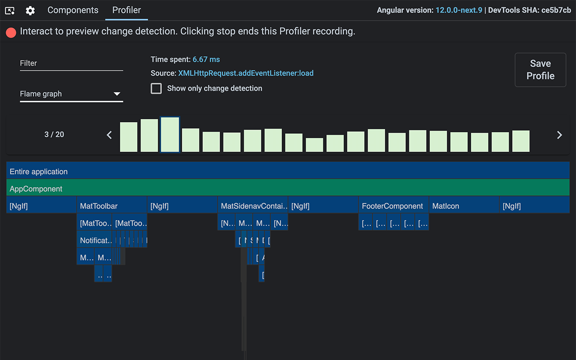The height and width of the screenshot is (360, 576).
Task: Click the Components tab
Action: pyautogui.click(x=72, y=10)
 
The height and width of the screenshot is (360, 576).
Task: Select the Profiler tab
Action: pyautogui.click(x=126, y=10)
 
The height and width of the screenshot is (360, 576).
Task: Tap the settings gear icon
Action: pyautogui.click(x=30, y=10)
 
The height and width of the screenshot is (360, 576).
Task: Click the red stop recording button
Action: pyautogui.click(x=11, y=32)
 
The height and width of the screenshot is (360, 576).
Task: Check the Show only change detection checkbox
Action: pyautogui.click(x=156, y=88)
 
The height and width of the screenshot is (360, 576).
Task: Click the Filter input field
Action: pyautogui.click(x=71, y=63)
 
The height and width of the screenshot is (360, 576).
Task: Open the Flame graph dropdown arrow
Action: pyautogui.click(x=117, y=94)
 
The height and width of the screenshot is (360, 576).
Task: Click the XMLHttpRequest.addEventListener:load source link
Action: pyautogui.click(x=246, y=73)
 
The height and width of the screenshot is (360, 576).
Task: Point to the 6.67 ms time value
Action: pyautogui.click(x=206, y=59)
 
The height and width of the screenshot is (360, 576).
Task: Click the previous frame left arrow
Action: pyautogui.click(x=109, y=135)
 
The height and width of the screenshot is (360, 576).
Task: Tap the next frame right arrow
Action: pyautogui.click(x=559, y=135)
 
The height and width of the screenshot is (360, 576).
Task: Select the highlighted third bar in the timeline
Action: pyautogui.click(x=170, y=135)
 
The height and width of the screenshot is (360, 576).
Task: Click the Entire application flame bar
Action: pyautogui.click(x=288, y=171)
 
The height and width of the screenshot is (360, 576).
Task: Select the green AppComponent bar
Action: pyautogui.click(x=288, y=189)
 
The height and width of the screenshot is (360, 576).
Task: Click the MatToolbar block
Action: pyautogui.click(x=112, y=206)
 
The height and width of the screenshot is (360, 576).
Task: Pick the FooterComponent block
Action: pyautogui.click(x=393, y=206)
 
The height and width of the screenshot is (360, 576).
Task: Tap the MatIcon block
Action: pyautogui.click(x=463, y=206)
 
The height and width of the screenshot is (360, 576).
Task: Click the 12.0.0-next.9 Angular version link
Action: pyautogui.click(x=459, y=10)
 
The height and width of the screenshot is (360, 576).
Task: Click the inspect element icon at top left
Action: pyautogui.click(x=10, y=10)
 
